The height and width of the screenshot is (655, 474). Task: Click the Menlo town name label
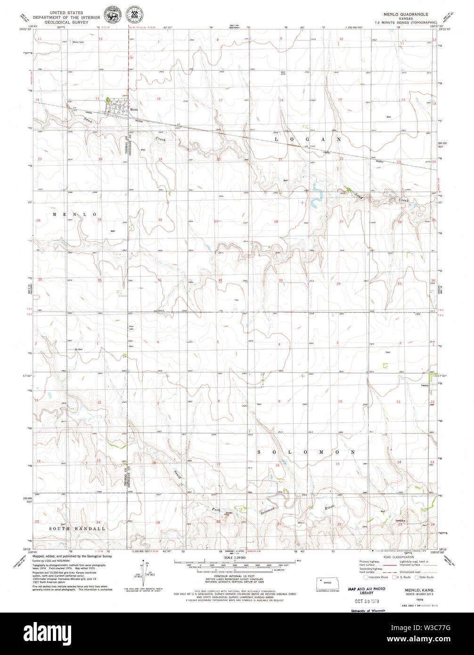(134, 110)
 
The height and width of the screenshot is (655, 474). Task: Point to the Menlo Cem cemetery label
(78, 42)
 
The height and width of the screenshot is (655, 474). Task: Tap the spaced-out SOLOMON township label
(306, 452)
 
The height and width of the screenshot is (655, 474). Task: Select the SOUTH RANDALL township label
(77, 529)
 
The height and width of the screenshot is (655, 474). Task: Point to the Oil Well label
(78, 349)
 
